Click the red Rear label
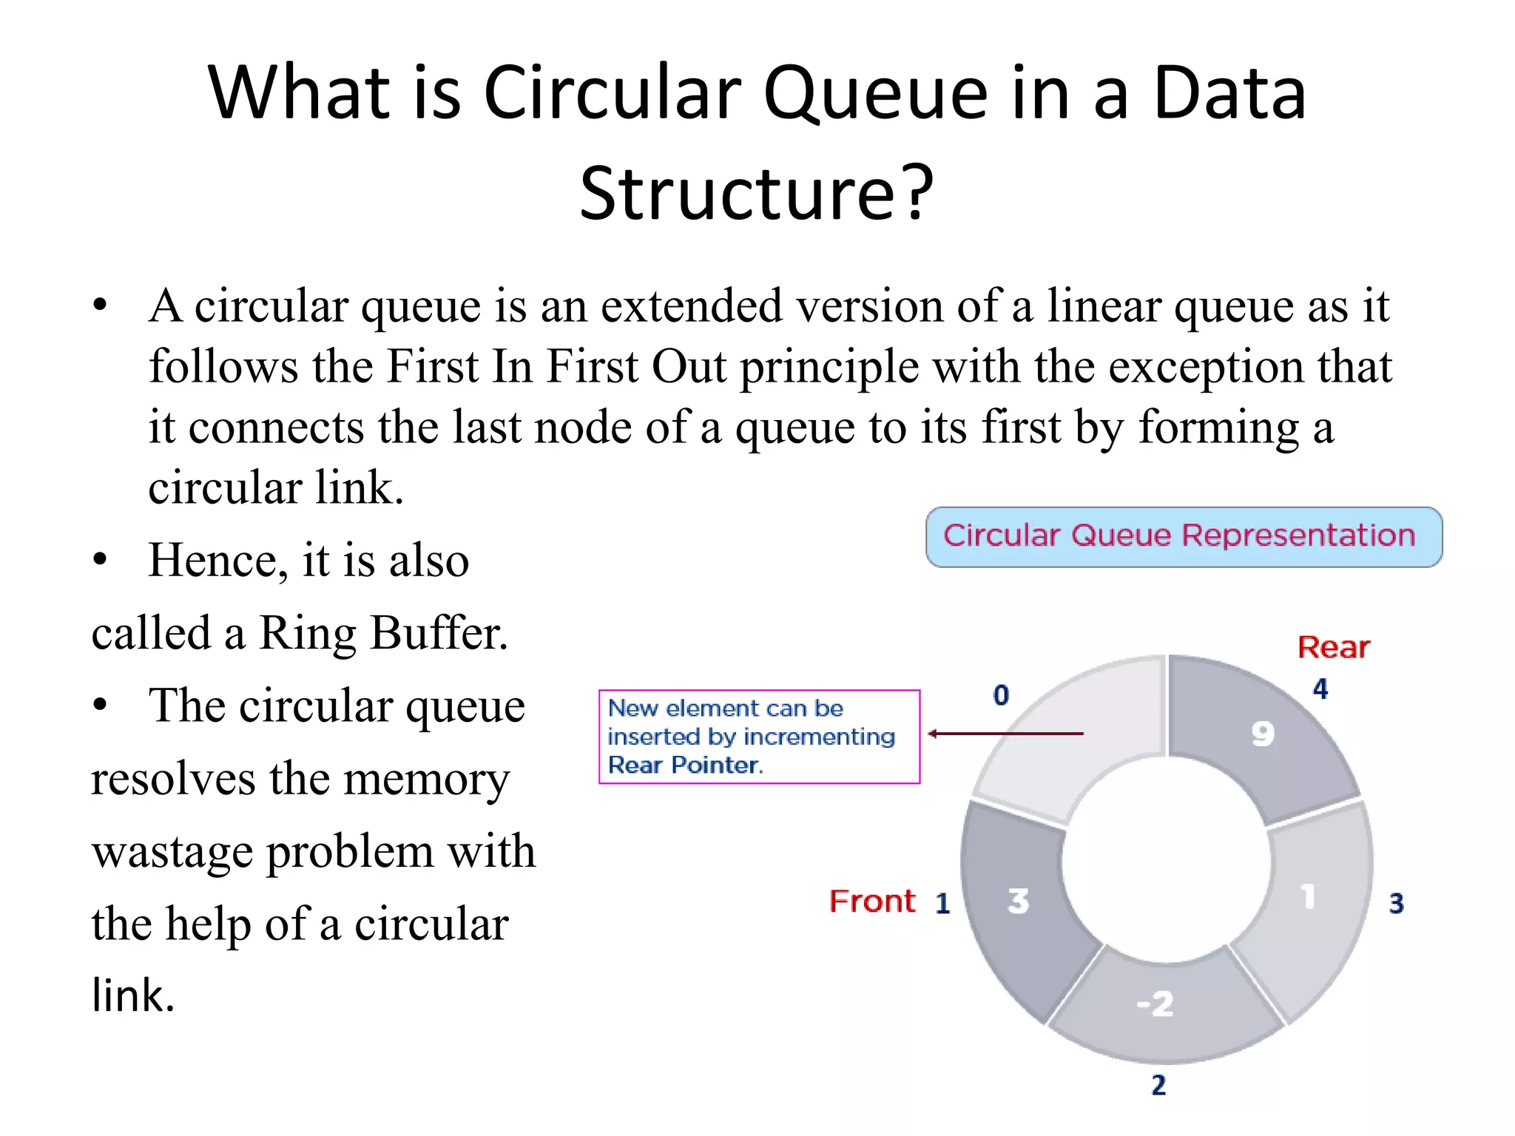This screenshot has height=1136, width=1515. point(1333,648)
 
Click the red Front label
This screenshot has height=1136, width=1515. point(872,902)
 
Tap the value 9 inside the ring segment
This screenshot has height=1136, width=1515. point(1263,734)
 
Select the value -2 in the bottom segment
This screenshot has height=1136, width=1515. point(1155,1004)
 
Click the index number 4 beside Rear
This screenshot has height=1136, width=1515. point(1320,689)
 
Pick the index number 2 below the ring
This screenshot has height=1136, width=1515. point(1158,1085)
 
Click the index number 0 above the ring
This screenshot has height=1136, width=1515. point(1001,695)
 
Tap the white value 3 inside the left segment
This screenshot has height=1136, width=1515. point(1018,902)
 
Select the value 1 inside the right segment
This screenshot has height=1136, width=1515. point(1308,896)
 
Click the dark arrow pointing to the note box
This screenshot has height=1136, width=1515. point(1006,734)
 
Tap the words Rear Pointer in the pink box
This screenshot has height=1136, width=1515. point(685,765)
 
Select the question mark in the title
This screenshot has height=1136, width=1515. point(918,194)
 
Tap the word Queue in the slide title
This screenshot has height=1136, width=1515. point(875,93)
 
